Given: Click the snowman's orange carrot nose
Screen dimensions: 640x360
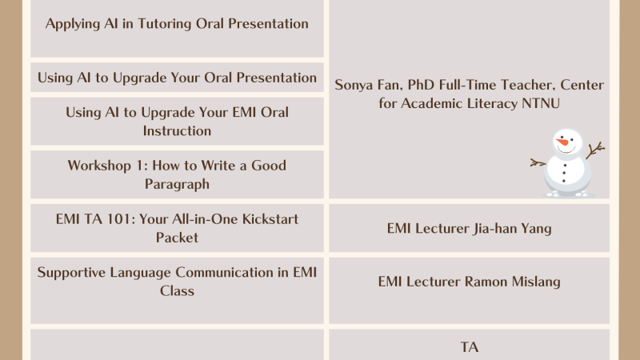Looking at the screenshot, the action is tap(562, 142).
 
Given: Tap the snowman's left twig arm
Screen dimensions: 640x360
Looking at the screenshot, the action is tap(538, 163).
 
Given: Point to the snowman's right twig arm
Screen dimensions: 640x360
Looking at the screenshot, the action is tap(595, 150).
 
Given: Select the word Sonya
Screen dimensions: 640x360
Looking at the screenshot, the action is tap(352, 86).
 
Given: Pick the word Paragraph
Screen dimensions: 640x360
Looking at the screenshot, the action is tap(177, 185).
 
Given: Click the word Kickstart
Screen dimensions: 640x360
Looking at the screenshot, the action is tap(270, 219).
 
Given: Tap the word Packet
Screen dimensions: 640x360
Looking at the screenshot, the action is tap(177, 238).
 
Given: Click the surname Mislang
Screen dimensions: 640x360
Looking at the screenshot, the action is tap(536, 282).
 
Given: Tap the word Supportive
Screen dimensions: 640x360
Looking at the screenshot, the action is tap(71, 273).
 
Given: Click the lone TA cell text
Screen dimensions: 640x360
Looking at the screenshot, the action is tap(470, 347).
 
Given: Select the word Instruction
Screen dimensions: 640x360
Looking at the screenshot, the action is tap(177, 131).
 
